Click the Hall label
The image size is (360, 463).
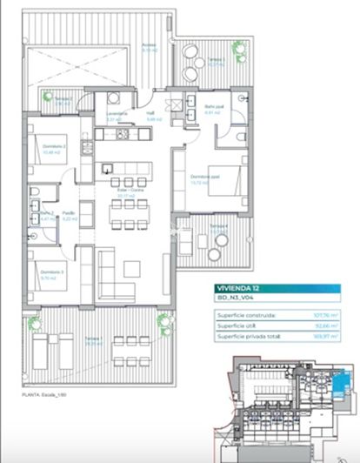pyautogui.click(x=150, y=114)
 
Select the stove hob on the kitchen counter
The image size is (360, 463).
pyautogui.click(x=123, y=134)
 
